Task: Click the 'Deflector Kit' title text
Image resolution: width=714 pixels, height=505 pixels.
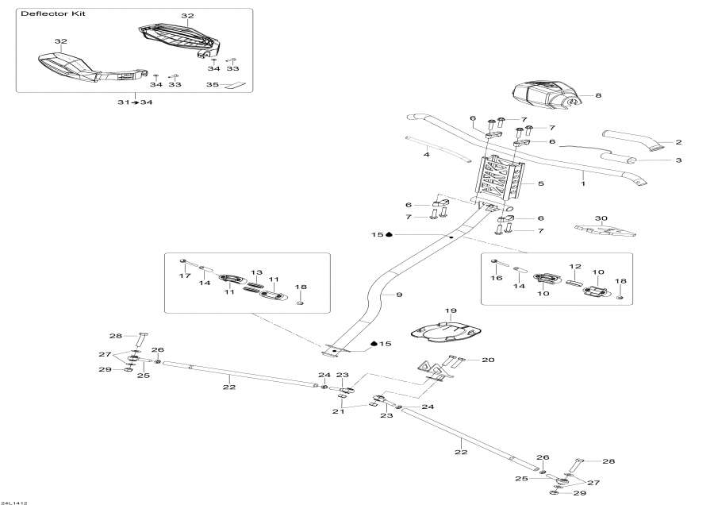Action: coord(54,15)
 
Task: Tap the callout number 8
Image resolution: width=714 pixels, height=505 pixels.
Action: coord(597,96)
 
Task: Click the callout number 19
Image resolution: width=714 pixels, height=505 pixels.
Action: coord(451,311)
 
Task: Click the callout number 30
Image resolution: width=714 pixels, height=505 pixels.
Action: coord(601,218)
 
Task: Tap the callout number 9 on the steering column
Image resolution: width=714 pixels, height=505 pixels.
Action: coord(399,295)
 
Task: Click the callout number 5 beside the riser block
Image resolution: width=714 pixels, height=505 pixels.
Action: coord(541,184)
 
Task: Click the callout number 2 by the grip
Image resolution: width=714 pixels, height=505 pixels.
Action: coord(678,143)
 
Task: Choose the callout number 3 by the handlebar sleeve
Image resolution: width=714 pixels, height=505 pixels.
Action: coord(678,160)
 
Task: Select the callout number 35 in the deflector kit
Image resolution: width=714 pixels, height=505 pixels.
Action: coord(212,84)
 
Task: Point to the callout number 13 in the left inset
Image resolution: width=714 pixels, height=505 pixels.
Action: coord(256,272)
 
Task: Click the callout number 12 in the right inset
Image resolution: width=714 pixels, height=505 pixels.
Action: coord(575,267)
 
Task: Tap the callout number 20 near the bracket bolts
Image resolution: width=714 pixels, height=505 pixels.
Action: coord(487,360)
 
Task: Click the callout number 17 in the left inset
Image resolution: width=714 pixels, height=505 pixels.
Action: coord(185,276)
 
